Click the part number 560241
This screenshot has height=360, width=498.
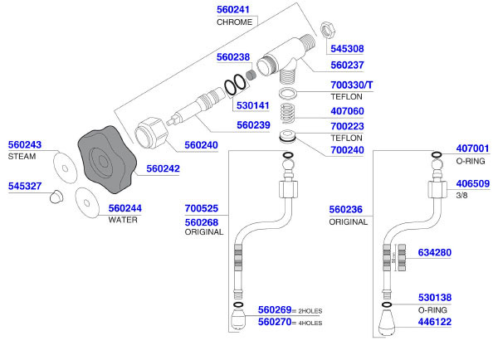(x=234, y=10)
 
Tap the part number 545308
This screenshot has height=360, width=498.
(x=348, y=48)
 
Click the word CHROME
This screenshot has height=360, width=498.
(x=234, y=22)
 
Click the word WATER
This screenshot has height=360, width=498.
(x=124, y=220)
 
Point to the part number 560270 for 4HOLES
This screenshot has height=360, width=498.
(x=276, y=322)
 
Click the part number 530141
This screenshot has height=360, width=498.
(x=254, y=105)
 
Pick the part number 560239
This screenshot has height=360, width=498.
(x=254, y=126)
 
